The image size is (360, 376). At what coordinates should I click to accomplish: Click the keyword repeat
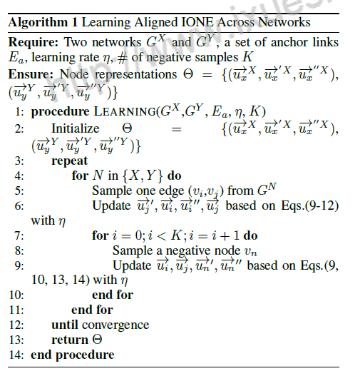click(68, 161)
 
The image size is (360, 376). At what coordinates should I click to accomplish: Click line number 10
click(16, 294)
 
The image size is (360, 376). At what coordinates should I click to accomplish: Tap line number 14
click(16, 355)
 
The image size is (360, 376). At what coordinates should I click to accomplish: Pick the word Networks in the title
click(284, 23)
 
